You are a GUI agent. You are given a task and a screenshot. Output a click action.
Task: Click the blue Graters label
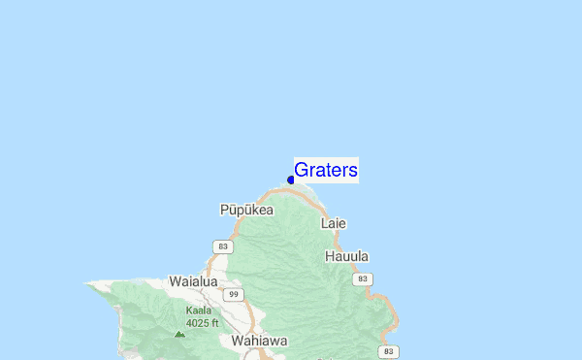(326, 171)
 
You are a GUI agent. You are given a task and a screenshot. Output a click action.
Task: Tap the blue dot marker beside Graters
(291, 180)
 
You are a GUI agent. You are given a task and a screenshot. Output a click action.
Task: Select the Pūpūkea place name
(246, 210)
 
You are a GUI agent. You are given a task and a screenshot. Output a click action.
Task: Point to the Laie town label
(333, 223)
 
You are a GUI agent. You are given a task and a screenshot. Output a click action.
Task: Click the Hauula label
(346, 256)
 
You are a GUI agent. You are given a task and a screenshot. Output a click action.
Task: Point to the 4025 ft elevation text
(203, 322)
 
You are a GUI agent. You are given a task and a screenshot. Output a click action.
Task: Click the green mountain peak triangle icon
(178, 333)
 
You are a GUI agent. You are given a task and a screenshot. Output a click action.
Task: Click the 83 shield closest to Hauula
(362, 278)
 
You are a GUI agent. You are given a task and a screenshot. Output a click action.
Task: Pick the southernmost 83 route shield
(388, 350)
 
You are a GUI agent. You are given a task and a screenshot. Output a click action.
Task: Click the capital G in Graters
(302, 171)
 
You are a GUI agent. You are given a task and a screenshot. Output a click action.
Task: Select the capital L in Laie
(325, 223)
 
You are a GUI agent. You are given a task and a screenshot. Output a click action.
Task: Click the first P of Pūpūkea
(224, 210)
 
